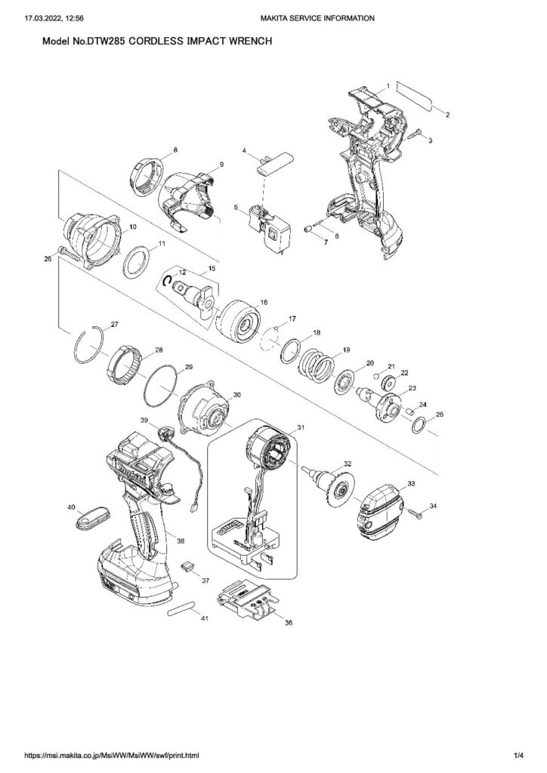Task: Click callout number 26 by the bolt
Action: click(48, 257)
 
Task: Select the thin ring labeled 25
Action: click(419, 424)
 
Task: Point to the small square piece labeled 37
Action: click(189, 566)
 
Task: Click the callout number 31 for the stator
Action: click(301, 427)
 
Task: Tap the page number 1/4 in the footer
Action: click(518, 755)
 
